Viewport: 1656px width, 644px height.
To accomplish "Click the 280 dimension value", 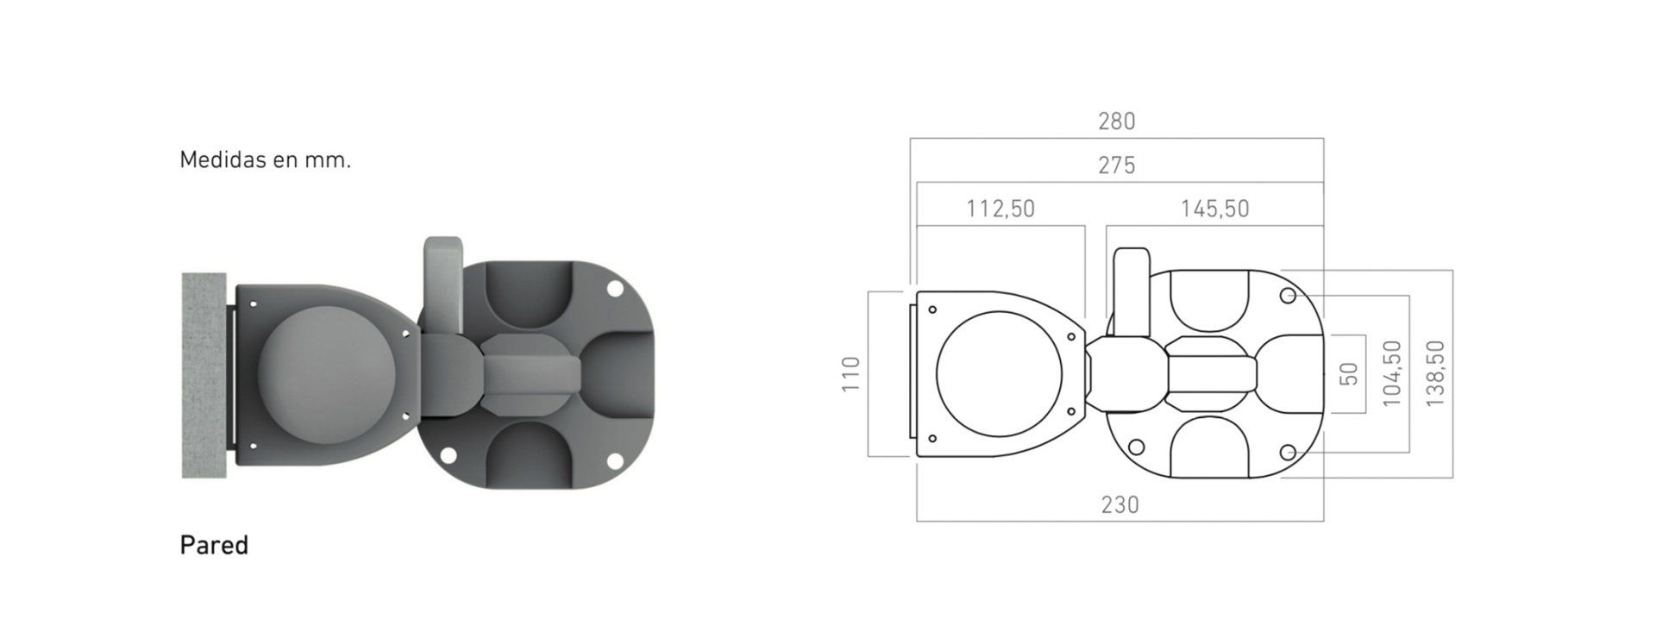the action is pyautogui.click(x=1116, y=122).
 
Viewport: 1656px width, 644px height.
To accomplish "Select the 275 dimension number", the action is pyautogui.click(x=1116, y=166).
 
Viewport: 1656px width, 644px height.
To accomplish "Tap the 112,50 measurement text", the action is pyautogui.click(x=1000, y=209).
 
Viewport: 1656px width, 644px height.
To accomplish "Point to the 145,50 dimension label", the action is pyautogui.click(x=1214, y=209).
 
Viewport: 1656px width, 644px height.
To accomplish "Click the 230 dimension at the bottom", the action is pyautogui.click(x=1120, y=504).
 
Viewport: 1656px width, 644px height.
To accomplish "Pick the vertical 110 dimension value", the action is pyautogui.click(x=851, y=374).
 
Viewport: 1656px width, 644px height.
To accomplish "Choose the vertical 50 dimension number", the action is pyautogui.click(x=1351, y=374).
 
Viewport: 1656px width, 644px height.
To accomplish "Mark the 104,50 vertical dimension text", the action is pyautogui.click(x=1392, y=373).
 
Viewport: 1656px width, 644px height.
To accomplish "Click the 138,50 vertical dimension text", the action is pyautogui.click(x=1435, y=373).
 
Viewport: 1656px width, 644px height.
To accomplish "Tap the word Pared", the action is pyautogui.click(x=214, y=546).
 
